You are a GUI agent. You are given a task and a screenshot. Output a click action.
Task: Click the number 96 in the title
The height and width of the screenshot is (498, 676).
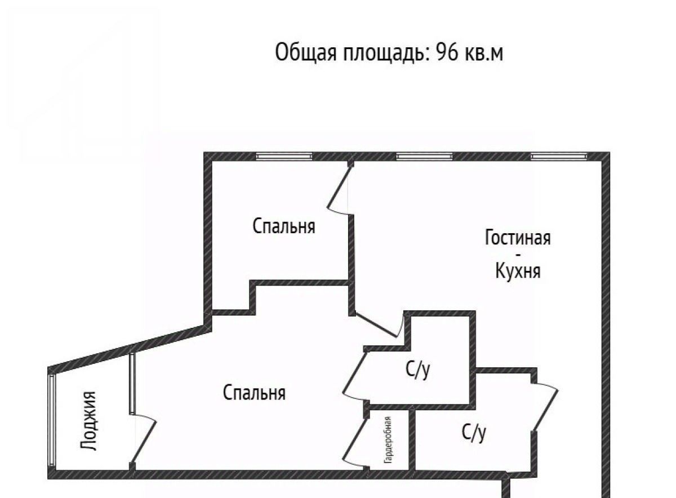(447, 52)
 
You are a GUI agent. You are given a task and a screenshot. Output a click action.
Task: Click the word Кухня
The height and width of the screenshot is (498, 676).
(518, 270)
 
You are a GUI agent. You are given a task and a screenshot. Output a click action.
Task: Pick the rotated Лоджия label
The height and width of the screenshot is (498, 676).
(88, 421)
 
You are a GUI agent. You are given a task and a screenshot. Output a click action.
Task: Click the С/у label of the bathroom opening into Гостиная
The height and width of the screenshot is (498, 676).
(474, 433)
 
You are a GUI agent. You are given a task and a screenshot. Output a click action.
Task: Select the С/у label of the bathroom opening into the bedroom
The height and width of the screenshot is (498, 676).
(418, 370)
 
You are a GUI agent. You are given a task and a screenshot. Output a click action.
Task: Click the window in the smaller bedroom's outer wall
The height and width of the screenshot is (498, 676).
(284, 157)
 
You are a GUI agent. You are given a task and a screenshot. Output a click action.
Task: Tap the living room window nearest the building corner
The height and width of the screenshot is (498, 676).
(559, 157)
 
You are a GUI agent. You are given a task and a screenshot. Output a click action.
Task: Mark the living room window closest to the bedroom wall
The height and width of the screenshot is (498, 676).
(424, 157)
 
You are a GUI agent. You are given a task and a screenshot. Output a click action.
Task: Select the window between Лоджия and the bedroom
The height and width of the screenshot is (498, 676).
(132, 383)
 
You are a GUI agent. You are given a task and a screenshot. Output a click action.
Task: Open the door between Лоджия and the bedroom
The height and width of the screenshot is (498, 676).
(143, 441)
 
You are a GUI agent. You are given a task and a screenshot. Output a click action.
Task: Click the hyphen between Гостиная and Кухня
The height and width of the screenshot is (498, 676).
(518, 255)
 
